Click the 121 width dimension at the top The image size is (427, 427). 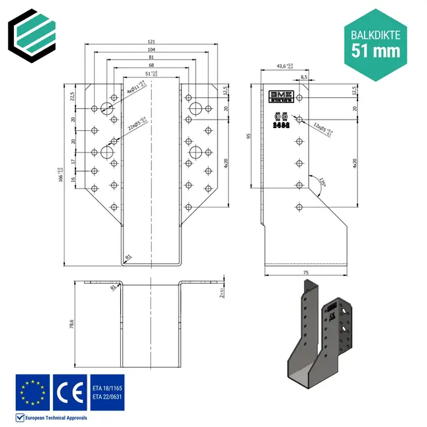[x=152, y=41]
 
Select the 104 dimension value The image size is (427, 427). [x=152, y=50]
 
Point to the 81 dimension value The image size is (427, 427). [x=152, y=58]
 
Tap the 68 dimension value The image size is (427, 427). [x=152, y=66]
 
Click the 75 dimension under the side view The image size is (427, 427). [x=306, y=271]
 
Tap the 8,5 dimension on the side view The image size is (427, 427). [x=303, y=78]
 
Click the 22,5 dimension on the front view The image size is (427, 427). [x=72, y=96]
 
